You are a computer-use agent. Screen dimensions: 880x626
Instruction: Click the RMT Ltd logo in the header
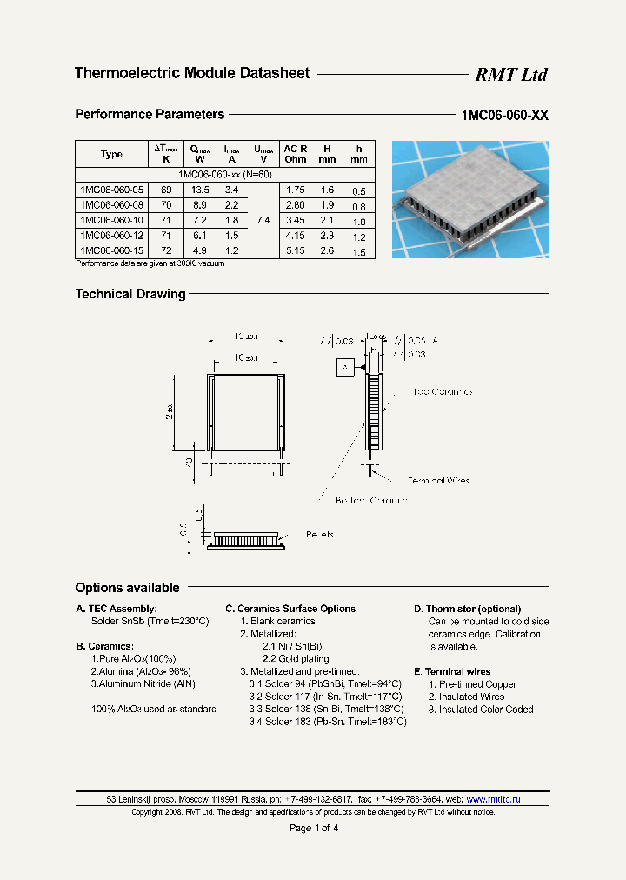[510, 75]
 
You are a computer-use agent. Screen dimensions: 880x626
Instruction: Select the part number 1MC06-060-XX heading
[504, 116]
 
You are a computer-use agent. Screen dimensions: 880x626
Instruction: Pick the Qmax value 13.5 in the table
[200, 190]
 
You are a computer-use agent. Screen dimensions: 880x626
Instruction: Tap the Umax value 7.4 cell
[262, 221]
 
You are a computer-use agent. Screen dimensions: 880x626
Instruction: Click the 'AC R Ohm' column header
[296, 154]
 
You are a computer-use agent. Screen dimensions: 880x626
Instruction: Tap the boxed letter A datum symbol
[345, 369]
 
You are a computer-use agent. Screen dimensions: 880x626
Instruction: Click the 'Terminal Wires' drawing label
[438, 480]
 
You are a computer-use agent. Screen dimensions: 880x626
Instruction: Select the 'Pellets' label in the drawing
[320, 534]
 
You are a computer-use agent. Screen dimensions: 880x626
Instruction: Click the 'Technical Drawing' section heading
[130, 294]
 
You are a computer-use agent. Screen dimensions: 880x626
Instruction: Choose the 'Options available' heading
[127, 588]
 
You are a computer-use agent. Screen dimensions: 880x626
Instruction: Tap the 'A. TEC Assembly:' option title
[117, 609]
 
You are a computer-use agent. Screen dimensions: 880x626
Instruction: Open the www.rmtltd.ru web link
[493, 798]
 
